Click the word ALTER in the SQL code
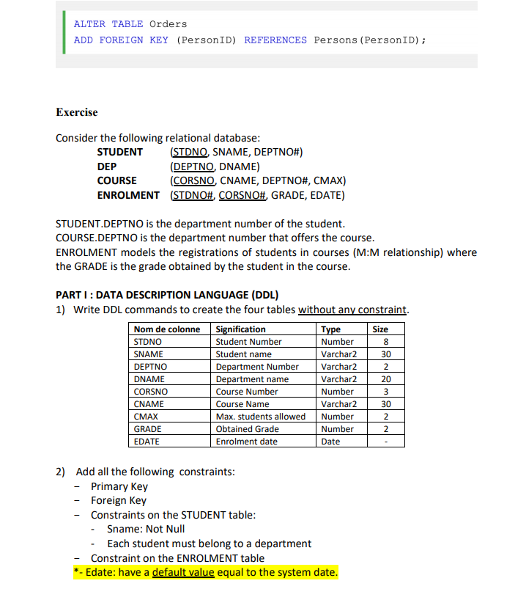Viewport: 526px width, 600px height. point(89,24)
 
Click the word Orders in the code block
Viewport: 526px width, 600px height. point(168,24)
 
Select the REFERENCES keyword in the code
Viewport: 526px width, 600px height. point(275,40)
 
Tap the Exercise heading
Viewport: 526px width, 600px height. point(76,112)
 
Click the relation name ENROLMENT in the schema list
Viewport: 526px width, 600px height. point(128,195)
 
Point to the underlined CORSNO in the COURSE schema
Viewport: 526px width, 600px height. point(193,180)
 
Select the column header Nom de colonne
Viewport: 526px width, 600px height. point(167,329)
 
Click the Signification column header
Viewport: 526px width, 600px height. point(241,329)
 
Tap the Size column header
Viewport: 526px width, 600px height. point(380,329)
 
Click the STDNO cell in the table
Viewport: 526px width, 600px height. point(148,342)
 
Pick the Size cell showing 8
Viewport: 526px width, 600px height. point(385,342)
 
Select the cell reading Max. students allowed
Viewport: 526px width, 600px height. point(261,417)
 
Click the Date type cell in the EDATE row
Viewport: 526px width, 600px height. point(330,442)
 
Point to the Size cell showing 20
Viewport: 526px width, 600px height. point(386,379)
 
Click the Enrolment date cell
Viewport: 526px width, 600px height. point(247,442)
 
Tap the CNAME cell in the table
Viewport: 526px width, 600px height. point(149,404)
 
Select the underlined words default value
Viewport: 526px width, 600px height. point(183,572)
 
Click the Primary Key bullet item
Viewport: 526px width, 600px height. point(119,486)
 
